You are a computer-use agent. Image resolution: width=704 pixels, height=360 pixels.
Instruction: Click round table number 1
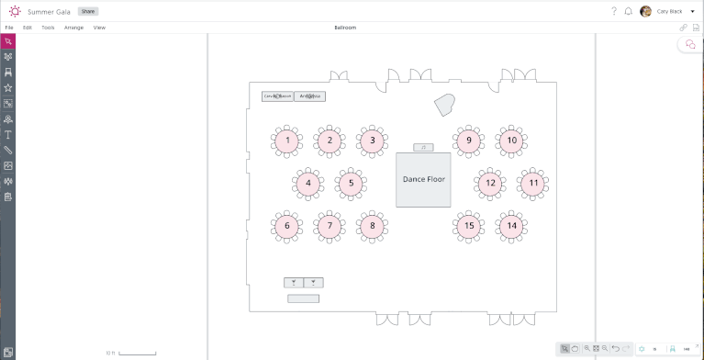pos(287,141)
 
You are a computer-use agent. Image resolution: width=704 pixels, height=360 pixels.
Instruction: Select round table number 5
pos(351,183)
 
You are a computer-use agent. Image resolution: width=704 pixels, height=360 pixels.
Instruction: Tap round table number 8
pos(372,225)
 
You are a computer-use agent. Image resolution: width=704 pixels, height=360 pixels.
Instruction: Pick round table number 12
pos(490,183)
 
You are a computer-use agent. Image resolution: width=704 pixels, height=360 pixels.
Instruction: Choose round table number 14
pos(511,225)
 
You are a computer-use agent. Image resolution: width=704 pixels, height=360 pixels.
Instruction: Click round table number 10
pos(511,141)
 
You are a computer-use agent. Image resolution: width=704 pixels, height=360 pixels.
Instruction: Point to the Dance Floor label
pos(423,179)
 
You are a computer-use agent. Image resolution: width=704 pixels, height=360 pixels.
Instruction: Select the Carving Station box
pos(277,96)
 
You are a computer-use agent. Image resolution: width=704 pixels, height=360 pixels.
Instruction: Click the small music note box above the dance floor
pos(423,147)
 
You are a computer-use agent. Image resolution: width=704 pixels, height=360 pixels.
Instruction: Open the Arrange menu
pos(73,28)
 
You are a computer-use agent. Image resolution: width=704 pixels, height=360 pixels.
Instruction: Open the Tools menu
pos(48,28)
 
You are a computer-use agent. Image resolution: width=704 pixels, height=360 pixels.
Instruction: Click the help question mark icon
pos(613,11)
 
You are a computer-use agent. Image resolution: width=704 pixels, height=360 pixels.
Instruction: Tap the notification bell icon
pos(628,11)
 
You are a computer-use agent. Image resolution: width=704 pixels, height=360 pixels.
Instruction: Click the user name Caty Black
pos(670,11)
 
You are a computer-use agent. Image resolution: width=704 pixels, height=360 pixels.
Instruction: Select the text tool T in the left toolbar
pos(8,134)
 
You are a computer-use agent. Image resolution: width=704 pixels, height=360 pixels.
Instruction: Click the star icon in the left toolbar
pos(8,87)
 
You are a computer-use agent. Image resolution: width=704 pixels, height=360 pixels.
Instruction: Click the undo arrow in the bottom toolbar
pos(615,349)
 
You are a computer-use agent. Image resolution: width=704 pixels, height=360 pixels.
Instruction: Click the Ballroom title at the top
pos(345,28)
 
